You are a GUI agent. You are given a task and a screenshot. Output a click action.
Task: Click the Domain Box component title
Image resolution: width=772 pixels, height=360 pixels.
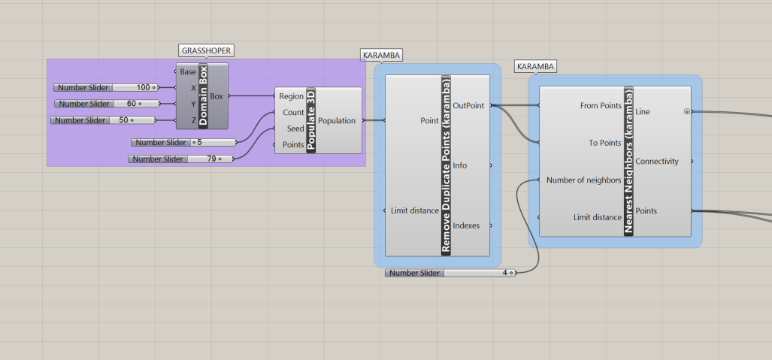coord(203,96)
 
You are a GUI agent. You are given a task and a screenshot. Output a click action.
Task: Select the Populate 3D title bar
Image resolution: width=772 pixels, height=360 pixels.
coord(311,120)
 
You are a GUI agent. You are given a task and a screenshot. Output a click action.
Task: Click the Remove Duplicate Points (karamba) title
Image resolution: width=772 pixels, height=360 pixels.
coord(446,165)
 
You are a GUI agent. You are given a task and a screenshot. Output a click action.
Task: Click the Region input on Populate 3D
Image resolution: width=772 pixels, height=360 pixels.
coord(291,96)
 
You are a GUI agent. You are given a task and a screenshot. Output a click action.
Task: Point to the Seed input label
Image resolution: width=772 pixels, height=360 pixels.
coord(295,129)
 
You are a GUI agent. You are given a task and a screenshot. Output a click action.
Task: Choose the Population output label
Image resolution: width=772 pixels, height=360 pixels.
coord(336,120)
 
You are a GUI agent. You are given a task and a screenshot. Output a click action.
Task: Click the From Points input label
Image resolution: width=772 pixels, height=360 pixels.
coord(601,106)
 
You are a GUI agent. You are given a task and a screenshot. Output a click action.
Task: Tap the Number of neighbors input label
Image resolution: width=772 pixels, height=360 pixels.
coord(583,180)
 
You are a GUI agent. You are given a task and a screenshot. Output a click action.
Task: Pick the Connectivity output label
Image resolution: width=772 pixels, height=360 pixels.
coord(656,161)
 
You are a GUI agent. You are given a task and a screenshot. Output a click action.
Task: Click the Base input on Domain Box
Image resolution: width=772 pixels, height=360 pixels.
coord(188,72)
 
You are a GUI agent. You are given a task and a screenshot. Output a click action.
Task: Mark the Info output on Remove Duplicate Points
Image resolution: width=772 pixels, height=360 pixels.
coord(460,165)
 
